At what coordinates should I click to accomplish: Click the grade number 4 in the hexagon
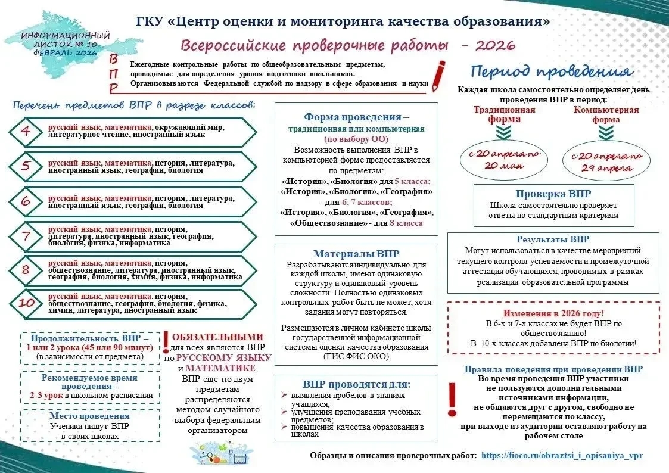26,130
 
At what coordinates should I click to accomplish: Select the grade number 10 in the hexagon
26,303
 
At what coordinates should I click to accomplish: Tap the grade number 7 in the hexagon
26,235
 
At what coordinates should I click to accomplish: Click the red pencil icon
438,76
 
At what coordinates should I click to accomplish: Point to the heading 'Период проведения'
552,71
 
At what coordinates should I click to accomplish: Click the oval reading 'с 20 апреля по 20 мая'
504,159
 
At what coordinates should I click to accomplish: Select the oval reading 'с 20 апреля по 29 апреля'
606,161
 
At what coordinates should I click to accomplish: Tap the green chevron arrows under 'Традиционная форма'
504,133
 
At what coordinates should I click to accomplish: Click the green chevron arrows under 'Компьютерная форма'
606,133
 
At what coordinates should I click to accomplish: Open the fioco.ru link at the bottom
562,456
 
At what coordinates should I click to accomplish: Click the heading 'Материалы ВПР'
356,254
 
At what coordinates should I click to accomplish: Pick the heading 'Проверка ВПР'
553,194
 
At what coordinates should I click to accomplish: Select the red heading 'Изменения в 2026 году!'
553,313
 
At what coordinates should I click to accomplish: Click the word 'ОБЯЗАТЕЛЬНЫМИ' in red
217,337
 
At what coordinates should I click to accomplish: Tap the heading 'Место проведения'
89,416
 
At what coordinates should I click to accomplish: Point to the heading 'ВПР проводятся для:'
356,384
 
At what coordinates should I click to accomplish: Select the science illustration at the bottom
221,453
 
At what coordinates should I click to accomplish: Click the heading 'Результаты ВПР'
553,239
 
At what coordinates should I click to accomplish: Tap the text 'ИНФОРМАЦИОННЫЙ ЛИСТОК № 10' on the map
66,40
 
